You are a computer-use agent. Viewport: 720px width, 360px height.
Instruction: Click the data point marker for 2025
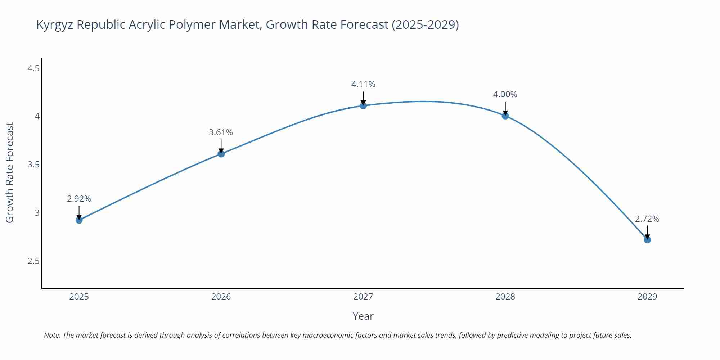click(x=79, y=220)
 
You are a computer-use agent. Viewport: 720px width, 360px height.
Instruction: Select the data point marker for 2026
click(x=221, y=154)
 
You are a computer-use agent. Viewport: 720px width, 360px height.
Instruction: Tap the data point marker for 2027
click(x=363, y=105)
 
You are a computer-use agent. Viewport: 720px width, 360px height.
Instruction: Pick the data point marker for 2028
click(x=505, y=116)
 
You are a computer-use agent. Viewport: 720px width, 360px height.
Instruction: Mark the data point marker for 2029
click(x=647, y=240)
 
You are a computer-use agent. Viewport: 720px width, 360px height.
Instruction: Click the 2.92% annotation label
click(x=79, y=199)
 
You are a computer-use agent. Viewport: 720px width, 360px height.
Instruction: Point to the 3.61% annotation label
click(x=221, y=132)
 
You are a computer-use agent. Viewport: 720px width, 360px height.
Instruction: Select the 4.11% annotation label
click(x=363, y=84)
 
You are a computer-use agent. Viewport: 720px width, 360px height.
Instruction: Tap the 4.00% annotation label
click(x=505, y=94)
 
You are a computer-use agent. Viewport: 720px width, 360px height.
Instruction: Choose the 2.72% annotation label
click(x=647, y=219)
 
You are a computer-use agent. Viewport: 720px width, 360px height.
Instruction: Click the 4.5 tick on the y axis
click(x=33, y=68)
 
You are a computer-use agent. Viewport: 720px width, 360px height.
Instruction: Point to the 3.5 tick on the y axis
click(x=33, y=165)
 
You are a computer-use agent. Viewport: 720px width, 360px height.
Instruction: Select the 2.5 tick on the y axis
click(x=33, y=261)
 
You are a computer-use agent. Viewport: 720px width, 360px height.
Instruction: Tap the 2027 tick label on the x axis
click(x=363, y=297)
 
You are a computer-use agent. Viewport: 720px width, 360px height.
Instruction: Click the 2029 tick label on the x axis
click(x=647, y=297)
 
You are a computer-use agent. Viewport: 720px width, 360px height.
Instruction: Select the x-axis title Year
click(x=363, y=316)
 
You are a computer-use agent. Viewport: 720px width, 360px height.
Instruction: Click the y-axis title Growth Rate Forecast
click(x=10, y=172)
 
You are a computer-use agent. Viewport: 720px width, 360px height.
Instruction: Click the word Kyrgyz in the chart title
click(x=55, y=25)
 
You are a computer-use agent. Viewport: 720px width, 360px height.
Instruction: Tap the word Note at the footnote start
click(x=52, y=335)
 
